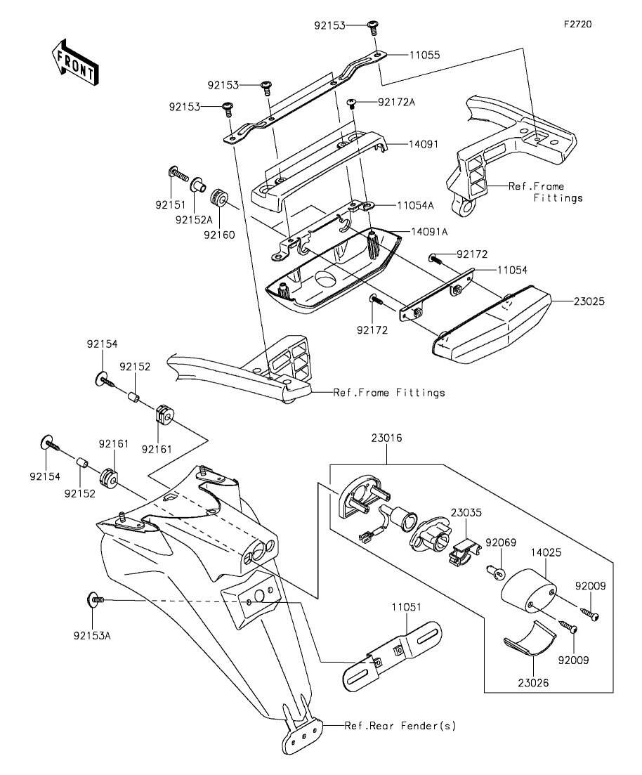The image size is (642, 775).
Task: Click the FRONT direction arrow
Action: [x=75, y=61]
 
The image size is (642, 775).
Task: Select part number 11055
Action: [x=424, y=55]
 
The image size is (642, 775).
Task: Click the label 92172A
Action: [x=396, y=103]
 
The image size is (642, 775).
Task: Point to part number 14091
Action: [x=424, y=144]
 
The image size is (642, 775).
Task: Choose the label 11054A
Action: [x=415, y=206]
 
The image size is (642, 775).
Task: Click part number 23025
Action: [x=589, y=301]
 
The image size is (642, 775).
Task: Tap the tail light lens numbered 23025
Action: [x=491, y=324]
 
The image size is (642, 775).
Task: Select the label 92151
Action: [x=171, y=205]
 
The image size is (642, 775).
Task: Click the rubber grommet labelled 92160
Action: [x=218, y=198]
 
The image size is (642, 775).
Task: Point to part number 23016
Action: [x=386, y=438]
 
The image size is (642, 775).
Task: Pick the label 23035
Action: [x=466, y=512]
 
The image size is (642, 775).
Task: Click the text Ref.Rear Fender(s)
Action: [x=400, y=726]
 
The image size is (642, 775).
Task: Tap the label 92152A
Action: [x=194, y=219]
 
